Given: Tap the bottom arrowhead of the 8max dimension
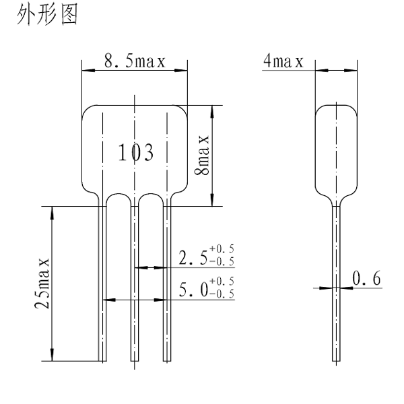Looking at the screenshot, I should pos(213,201).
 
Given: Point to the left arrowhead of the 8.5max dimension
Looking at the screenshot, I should pos(86,69).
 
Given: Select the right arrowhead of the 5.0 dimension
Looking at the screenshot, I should pos(163,299).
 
